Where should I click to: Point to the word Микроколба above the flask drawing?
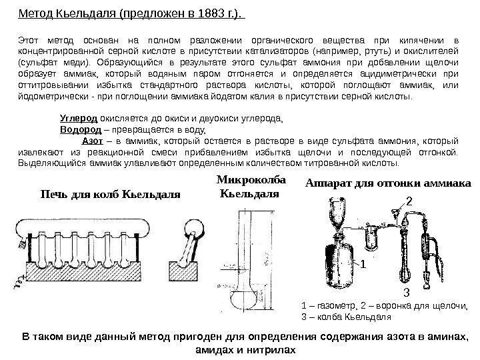pyautogui.click(x=251, y=181)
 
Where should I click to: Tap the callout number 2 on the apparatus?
pyautogui.click(x=409, y=199)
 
